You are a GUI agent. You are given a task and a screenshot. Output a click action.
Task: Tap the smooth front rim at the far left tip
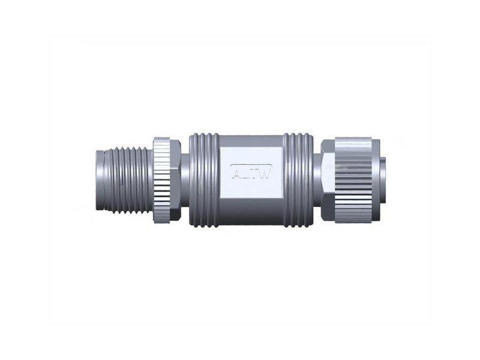[98, 180]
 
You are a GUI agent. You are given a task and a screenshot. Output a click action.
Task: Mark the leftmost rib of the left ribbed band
[193, 180]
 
